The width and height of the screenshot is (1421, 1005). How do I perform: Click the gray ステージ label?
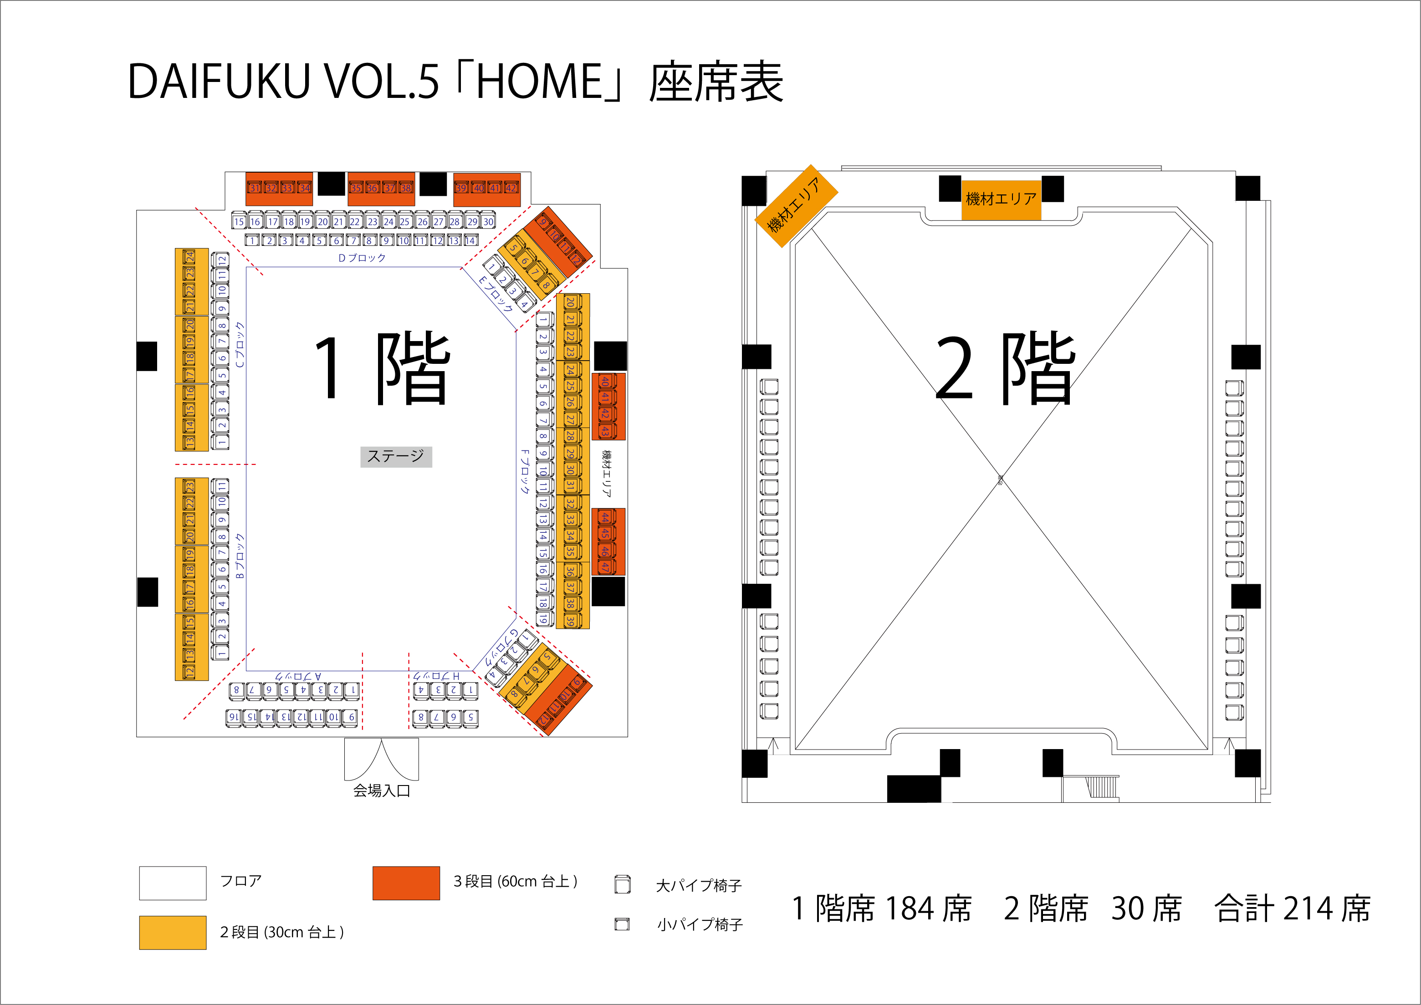click(396, 457)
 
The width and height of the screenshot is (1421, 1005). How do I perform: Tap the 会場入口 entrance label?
click(381, 791)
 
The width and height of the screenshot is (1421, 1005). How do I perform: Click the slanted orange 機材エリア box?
click(796, 206)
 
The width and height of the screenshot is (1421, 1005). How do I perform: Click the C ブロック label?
click(240, 345)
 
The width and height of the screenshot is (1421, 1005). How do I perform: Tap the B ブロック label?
click(240, 556)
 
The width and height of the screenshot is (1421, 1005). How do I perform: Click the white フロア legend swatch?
click(173, 883)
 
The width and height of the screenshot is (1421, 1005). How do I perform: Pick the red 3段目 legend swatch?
click(406, 883)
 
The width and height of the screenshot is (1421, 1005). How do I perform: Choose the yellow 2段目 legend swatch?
click(173, 933)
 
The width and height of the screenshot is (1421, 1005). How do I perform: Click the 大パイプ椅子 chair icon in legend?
click(623, 885)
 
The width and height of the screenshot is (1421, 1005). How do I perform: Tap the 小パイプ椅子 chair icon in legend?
click(622, 924)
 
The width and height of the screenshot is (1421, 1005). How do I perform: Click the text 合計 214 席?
click(1292, 908)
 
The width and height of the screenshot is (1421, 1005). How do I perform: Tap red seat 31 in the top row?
click(255, 188)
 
